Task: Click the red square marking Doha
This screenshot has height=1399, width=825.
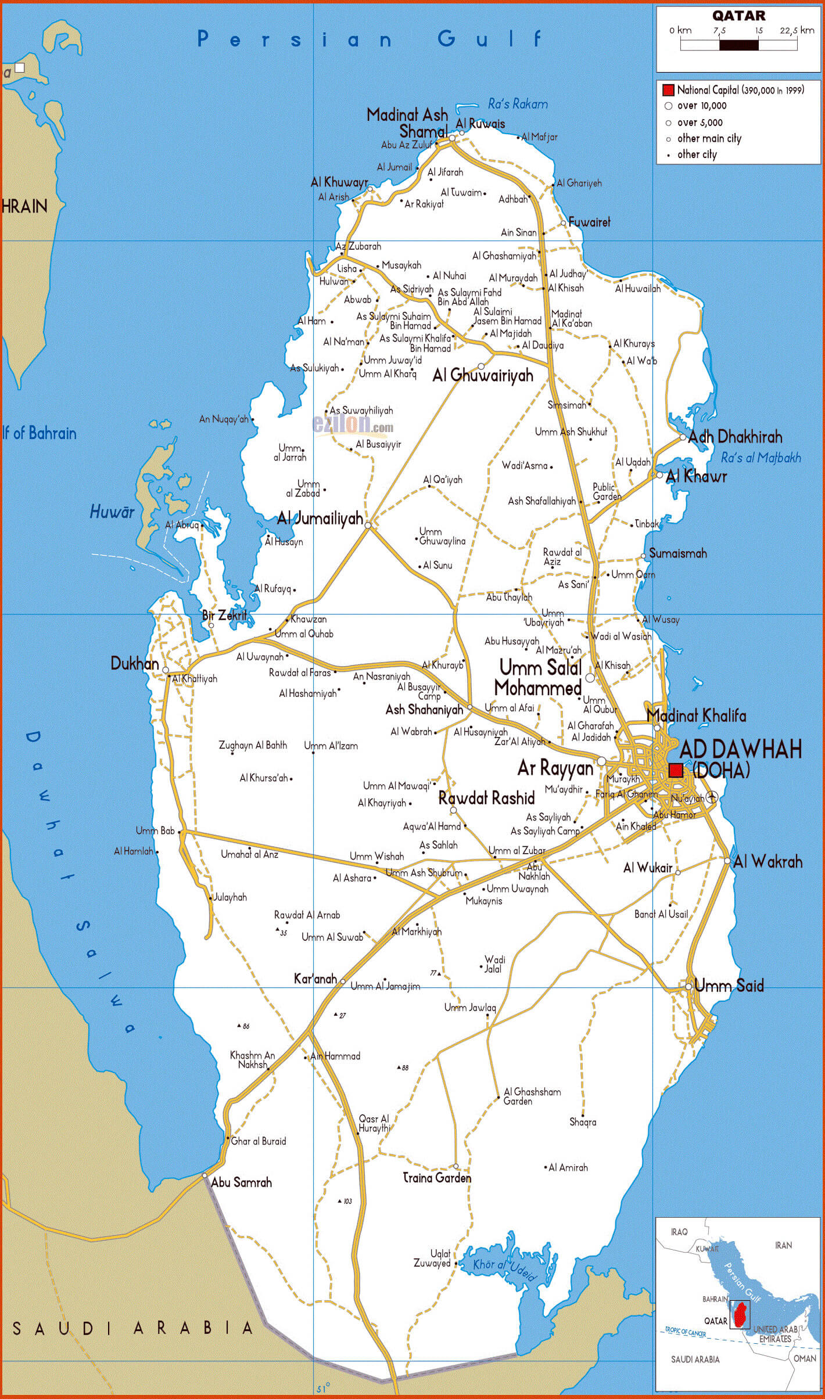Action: pyautogui.click(x=675, y=770)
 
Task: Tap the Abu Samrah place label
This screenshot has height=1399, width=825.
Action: pyautogui.click(x=241, y=1182)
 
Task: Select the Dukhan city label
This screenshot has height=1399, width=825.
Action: pyautogui.click(x=134, y=664)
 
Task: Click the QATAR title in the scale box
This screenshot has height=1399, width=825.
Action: pyautogui.click(x=738, y=16)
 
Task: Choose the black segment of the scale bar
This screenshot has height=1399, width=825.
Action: pyautogui.click(x=738, y=45)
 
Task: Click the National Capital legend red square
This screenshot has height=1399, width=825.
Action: pyautogui.click(x=668, y=90)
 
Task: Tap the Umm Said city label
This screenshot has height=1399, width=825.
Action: pyautogui.click(x=729, y=985)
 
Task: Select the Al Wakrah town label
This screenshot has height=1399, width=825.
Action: pyautogui.click(x=767, y=862)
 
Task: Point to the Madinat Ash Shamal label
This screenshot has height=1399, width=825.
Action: pyautogui.click(x=408, y=123)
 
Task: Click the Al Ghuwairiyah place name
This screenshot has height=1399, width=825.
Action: pyautogui.click(x=482, y=376)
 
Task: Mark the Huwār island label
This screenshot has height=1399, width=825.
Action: pyautogui.click(x=112, y=512)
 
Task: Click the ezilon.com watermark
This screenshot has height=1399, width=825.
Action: pyautogui.click(x=353, y=425)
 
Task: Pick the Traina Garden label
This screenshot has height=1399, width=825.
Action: pyautogui.click(x=437, y=1178)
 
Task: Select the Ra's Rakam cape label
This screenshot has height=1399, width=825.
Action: pyautogui.click(x=517, y=104)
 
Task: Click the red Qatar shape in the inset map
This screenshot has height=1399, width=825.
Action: pyautogui.click(x=740, y=1315)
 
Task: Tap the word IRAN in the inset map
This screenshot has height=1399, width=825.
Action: pyautogui.click(x=783, y=1245)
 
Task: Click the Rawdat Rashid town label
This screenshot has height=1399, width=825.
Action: pyautogui.click(x=486, y=798)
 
